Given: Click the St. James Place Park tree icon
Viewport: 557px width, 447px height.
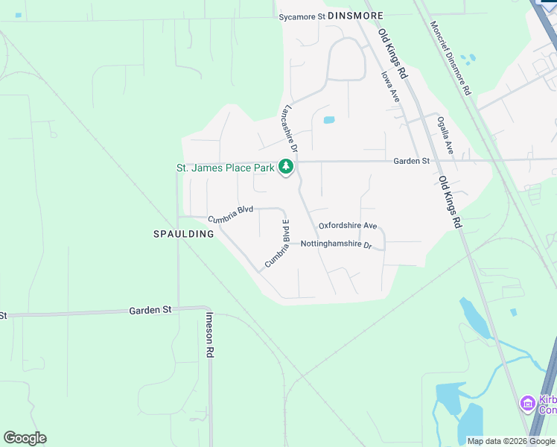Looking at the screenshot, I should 285,167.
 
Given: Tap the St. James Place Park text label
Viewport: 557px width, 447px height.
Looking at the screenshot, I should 225,168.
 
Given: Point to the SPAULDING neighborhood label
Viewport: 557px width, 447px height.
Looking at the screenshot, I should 183,234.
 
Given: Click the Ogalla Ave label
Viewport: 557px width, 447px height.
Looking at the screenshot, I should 445,135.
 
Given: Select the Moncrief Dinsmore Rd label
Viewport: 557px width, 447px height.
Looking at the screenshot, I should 451,57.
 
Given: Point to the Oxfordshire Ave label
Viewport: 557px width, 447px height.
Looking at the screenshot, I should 348,225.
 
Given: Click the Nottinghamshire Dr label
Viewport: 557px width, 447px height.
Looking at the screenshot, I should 336,244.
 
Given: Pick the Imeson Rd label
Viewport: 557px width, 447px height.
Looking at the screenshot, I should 210,335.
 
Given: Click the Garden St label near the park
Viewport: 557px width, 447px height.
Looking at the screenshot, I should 412,161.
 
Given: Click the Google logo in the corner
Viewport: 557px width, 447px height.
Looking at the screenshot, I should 25,438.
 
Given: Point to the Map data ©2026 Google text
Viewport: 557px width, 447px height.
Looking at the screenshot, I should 511,441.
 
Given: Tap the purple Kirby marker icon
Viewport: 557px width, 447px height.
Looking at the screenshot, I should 527,403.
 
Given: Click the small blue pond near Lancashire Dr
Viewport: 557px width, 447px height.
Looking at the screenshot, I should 328,119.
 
